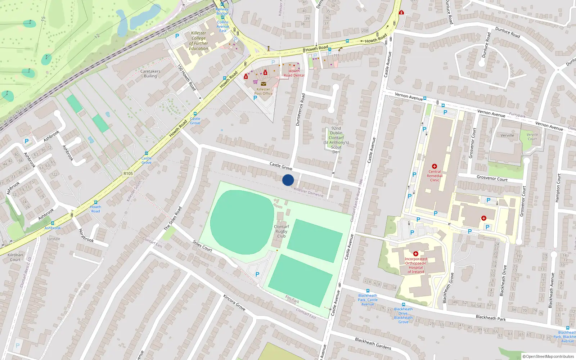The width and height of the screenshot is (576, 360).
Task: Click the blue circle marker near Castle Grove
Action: [288, 180]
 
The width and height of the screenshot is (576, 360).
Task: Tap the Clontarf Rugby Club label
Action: [281, 231]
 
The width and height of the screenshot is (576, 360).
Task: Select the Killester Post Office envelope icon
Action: [264, 84]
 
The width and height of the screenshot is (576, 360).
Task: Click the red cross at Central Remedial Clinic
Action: [435, 166]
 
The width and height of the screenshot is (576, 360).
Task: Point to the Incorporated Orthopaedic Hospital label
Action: [416, 265]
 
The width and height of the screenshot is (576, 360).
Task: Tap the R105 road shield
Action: [128, 174]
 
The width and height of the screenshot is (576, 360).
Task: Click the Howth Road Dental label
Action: [294, 73]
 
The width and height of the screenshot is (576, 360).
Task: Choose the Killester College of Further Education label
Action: [199, 41]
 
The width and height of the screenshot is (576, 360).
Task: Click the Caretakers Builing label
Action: [150, 73]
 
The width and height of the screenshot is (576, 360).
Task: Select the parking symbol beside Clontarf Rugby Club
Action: [257, 274]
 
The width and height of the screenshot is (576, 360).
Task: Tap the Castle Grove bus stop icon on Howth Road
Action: [195, 114]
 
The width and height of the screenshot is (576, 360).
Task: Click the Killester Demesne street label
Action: [309, 192]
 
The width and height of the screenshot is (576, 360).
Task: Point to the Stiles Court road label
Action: [202, 246]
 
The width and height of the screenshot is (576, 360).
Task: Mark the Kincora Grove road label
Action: [234, 302]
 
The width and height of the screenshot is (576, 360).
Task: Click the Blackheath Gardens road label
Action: [373, 343]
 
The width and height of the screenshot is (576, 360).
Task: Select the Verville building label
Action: [507, 135]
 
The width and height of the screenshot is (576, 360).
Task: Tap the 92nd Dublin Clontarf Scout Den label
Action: [336, 140]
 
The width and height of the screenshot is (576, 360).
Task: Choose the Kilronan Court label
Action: [15, 257]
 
